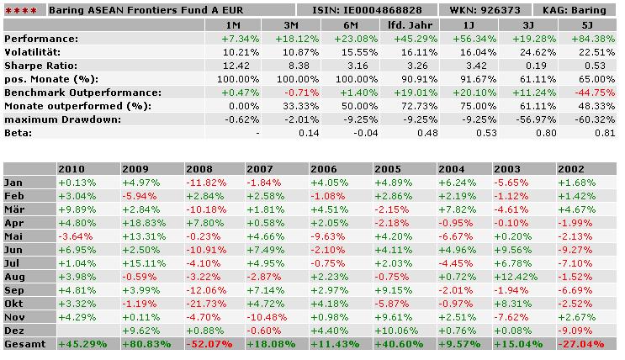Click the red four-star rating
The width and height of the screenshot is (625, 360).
21,11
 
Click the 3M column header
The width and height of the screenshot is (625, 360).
290,24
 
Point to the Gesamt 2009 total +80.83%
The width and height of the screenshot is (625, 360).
150,343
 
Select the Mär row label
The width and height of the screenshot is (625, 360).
16,209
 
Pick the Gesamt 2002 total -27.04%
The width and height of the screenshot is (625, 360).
587,343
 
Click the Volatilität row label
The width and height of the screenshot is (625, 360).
34,52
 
